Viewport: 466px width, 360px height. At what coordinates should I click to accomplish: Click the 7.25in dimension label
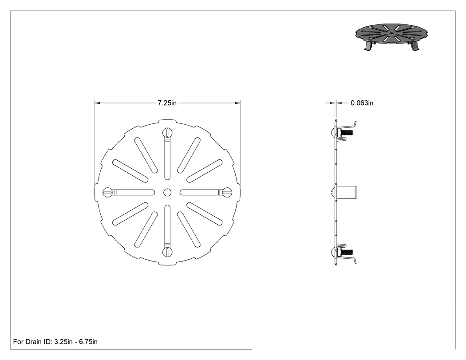167,103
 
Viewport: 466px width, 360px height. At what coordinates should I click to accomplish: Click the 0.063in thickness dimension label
362,103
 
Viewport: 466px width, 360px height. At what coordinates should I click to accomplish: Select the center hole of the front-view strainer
167,192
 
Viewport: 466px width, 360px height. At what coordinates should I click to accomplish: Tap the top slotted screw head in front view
167,132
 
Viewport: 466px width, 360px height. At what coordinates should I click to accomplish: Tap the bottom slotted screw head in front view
167,252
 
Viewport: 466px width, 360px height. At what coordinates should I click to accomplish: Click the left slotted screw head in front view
107,192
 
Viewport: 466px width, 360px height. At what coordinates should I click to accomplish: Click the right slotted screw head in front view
227,192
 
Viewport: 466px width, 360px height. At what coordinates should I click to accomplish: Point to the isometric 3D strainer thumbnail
392,36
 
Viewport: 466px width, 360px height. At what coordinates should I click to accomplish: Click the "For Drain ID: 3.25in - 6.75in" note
55,341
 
